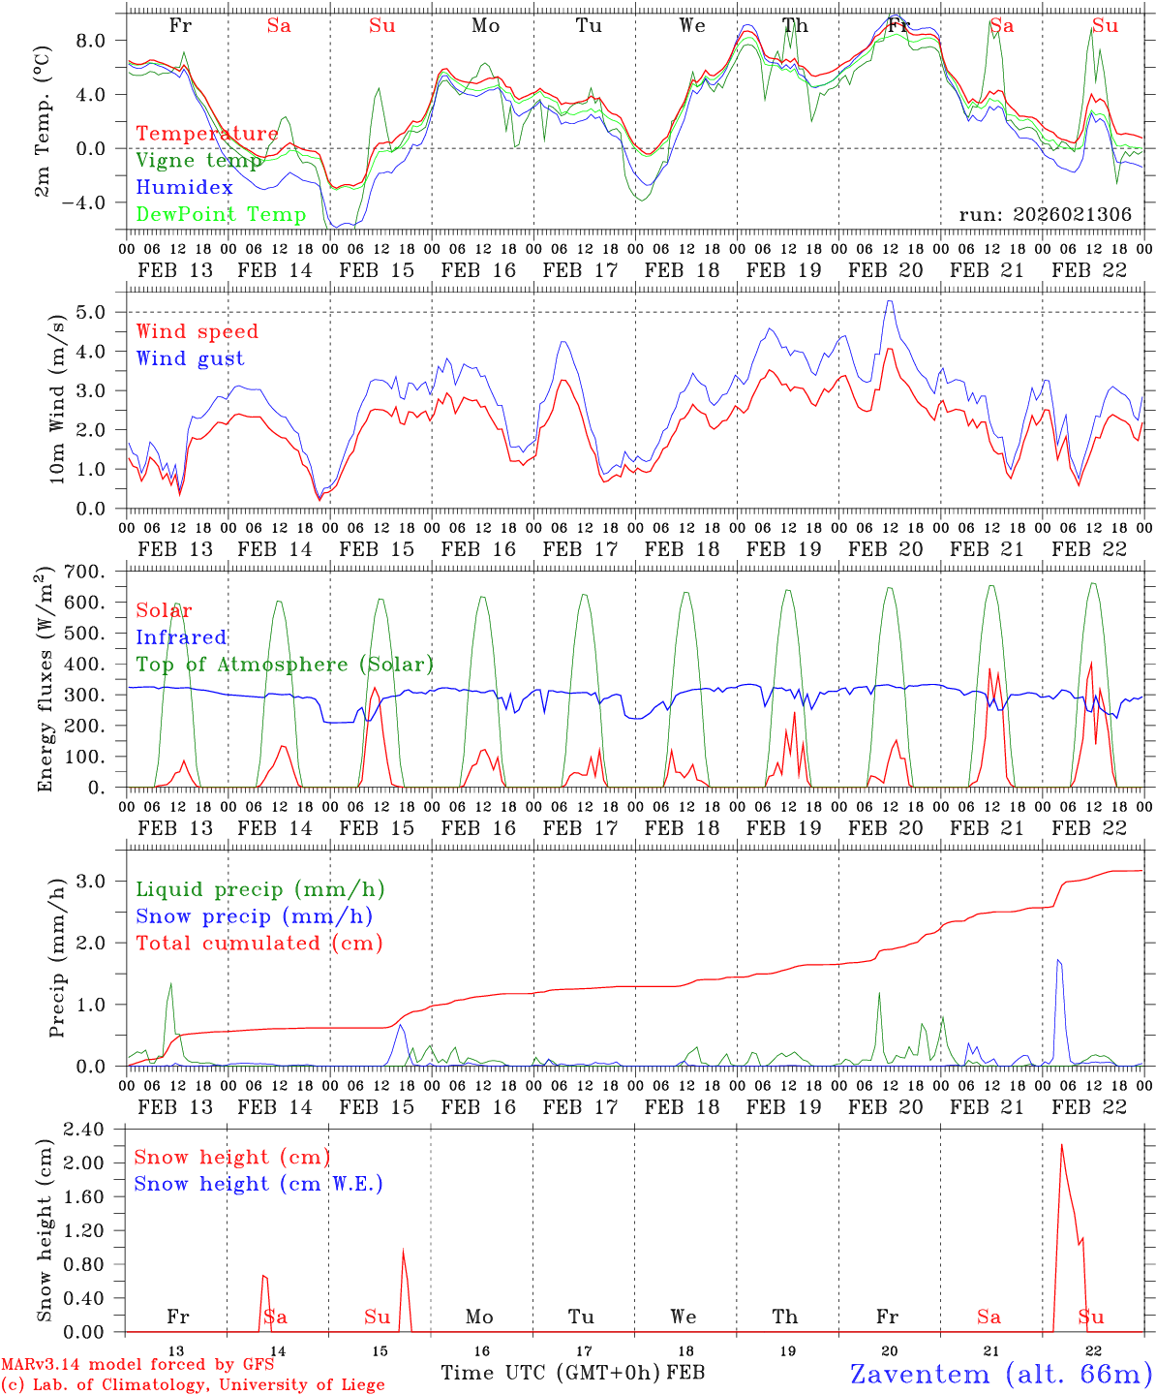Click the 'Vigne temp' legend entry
tap(198, 161)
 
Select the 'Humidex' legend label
tap(184, 188)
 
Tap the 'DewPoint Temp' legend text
tap(221, 215)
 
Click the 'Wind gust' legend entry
tap(190, 358)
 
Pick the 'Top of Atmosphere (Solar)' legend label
tap(284, 665)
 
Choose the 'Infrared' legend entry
tap(181, 637)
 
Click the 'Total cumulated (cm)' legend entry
tap(259, 944)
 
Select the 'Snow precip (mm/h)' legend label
tap(254, 916)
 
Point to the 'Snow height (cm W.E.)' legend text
tap(258, 1184)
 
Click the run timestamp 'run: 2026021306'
tap(1045, 215)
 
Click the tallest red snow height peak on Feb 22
tap(1061, 1146)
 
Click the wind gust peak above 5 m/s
tap(889, 301)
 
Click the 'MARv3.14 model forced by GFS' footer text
tap(137, 1365)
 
